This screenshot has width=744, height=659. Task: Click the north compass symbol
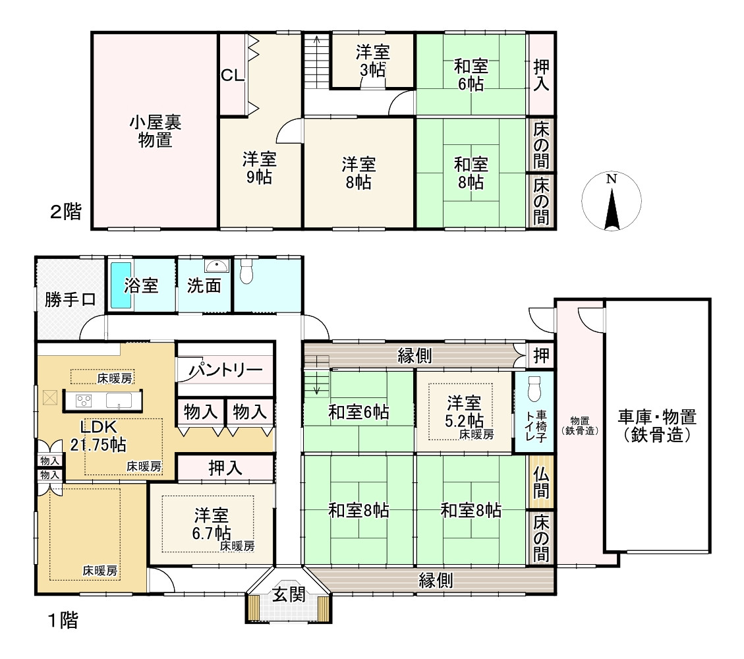tap(612, 200)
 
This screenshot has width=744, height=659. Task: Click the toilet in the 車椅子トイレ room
tap(534, 388)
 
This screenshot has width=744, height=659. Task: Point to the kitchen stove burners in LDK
tap(84, 400)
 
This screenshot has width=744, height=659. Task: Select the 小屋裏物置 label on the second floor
tap(155, 130)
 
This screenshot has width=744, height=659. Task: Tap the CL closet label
tap(232, 75)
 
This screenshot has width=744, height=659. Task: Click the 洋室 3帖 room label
tap(372, 61)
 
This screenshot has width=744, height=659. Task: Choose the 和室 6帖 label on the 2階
tap(471, 74)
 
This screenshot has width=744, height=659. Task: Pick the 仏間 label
tap(541, 482)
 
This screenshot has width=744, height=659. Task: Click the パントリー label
tap(226, 370)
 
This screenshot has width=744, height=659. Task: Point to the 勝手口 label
tap(71, 300)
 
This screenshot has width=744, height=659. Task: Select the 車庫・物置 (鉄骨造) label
tap(656, 426)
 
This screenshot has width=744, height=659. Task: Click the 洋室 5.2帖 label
tap(464, 412)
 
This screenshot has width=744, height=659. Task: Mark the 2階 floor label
tap(66, 212)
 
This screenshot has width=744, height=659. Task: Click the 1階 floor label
tap(62, 620)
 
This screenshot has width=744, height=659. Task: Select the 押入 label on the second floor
tap(541, 74)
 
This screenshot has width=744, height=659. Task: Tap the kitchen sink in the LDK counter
tap(120, 400)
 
